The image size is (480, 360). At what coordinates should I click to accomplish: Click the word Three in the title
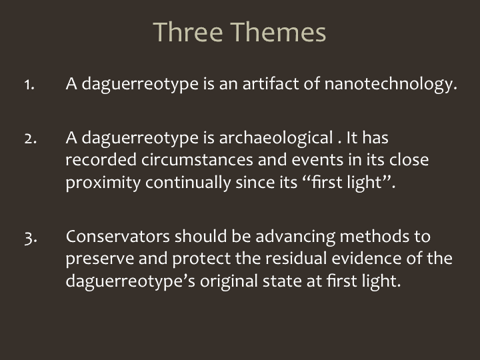point(188,32)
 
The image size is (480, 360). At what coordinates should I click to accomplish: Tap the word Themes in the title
point(278,32)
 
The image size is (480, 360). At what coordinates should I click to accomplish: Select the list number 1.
point(29,85)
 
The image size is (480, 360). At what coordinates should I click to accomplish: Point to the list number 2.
point(30,139)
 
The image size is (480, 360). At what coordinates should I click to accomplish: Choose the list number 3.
point(31,238)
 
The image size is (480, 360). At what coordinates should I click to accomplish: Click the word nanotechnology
point(391,83)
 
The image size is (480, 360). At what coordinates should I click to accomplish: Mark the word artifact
point(271,83)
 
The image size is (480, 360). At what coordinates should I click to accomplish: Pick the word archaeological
point(276,138)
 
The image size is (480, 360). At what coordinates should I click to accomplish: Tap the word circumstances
point(197,160)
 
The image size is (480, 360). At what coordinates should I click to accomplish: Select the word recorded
point(101,159)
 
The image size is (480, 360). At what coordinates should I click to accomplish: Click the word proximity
point(103,183)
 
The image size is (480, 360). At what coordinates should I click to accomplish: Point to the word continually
point(188,183)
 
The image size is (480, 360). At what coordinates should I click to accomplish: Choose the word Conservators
point(118,236)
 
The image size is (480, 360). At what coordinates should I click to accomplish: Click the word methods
point(375,236)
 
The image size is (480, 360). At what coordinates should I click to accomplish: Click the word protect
point(201,259)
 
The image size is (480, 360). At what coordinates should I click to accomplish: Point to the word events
point(317,160)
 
